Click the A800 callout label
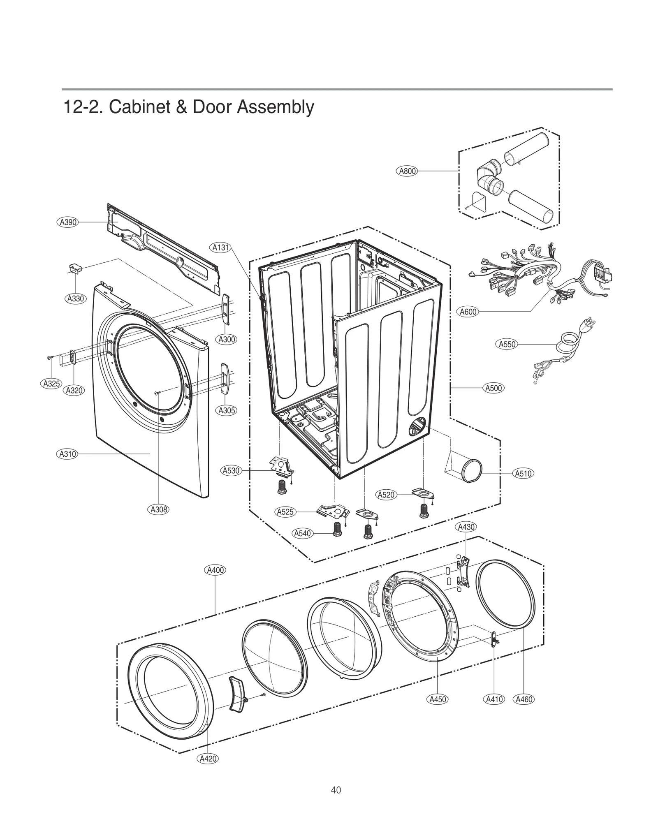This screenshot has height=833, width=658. click(x=407, y=171)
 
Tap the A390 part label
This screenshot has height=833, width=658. click(x=67, y=222)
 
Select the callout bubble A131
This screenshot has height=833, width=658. click(x=220, y=248)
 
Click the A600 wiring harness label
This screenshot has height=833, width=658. click(x=468, y=312)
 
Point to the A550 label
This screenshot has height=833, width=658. click(x=507, y=344)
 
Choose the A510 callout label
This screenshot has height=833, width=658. click(x=524, y=473)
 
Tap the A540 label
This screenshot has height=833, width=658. click(x=302, y=533)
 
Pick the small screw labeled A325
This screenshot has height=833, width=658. click(x=50, y=358)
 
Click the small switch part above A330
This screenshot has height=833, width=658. click(x=75, y=268)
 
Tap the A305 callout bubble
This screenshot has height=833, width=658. click(x=227, y=410)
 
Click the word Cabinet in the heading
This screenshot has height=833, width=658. click(x=136, y=107)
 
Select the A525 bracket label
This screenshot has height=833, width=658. click(x=285, y=512)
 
